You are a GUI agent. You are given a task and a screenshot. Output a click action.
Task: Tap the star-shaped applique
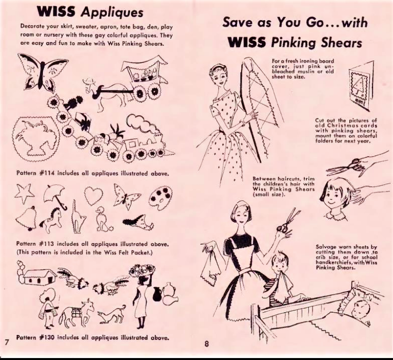24,193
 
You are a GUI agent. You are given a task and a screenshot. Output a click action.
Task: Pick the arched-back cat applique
78,217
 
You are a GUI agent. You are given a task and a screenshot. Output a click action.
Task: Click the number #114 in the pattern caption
47,173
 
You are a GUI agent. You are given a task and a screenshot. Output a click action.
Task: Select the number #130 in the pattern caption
47,337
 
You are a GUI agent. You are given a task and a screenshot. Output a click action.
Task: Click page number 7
7,342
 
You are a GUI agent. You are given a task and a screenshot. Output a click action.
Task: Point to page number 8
206,344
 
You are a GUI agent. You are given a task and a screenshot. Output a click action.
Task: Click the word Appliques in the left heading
112,12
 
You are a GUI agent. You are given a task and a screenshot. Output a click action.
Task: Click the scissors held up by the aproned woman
288,221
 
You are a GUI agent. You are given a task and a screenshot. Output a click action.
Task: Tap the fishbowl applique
36,138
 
